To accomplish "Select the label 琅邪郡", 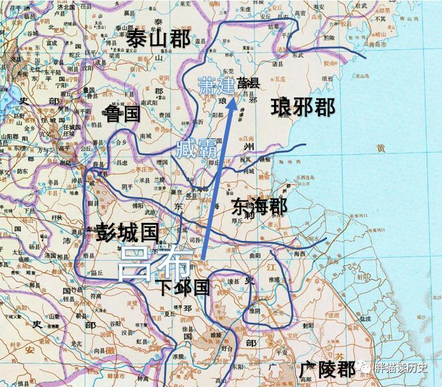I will [x=303, y=107].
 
